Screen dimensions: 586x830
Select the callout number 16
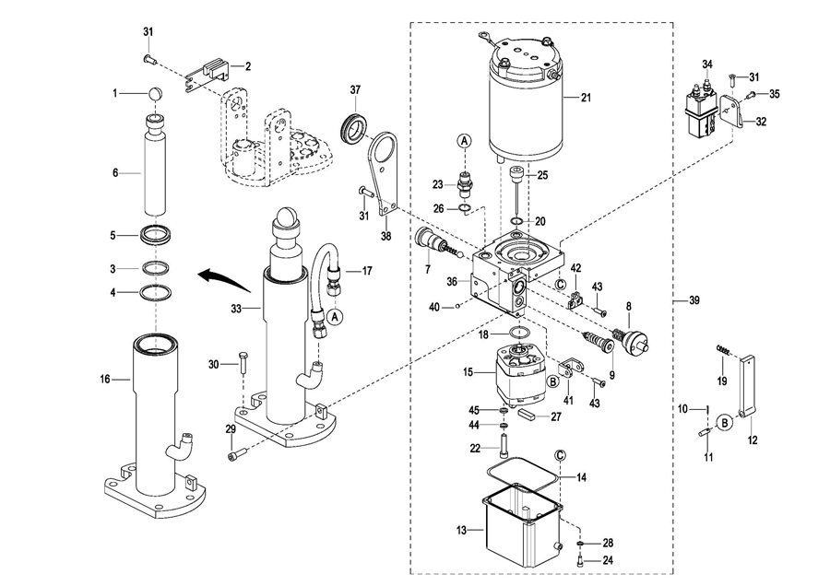tap(104, 379)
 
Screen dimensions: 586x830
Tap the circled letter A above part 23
tap(464, 140)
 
